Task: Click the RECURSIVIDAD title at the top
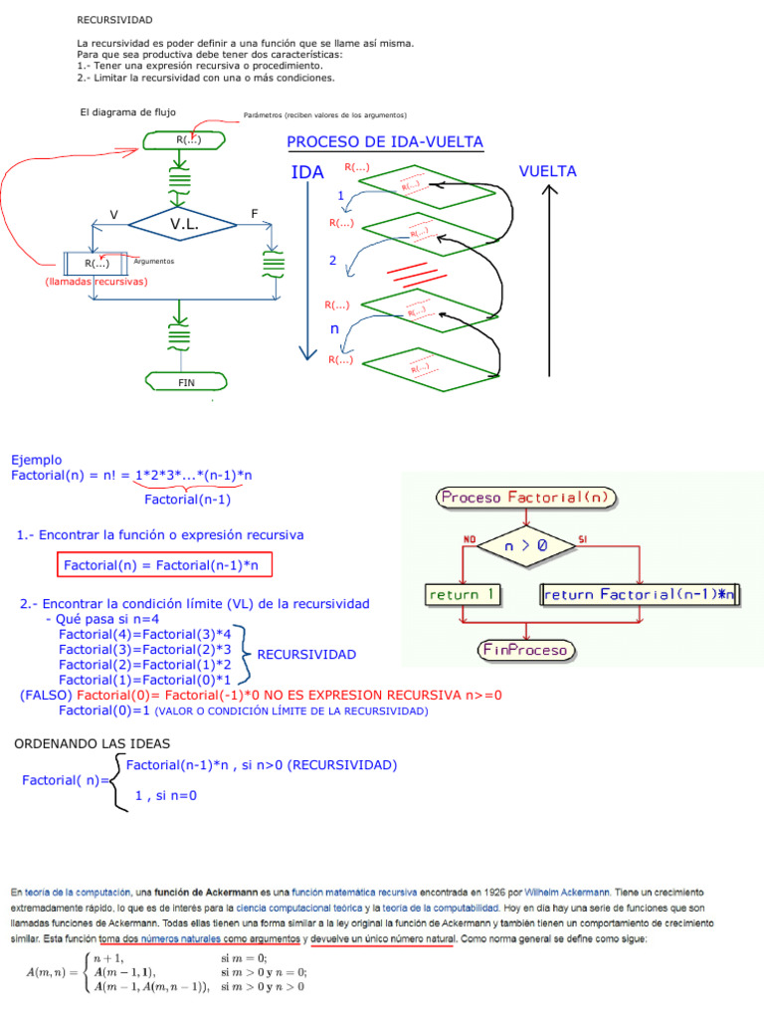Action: pyautogui.click(x=115, y=20)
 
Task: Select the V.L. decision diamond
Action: pyautogui.click(x=185, y=225)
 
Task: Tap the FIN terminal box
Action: pyautogui.click(x=186, y=382)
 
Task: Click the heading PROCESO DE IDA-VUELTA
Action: pyautogui.click(x=385, y=142)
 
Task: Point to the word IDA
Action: pyautogui.click(x=307, y=173)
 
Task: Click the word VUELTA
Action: pyautogui.click(x=547, y=172)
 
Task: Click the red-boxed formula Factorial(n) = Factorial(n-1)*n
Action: pyautogui.click(x=163, y=564)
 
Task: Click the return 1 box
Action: pyautogui.click(x=463, y=594)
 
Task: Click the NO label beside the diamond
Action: pyautogui.click(x=470, y=538)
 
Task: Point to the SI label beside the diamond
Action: pyautogui.click(x=584, y=538)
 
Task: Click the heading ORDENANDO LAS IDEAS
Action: pyautogui.click(x=93, y=744)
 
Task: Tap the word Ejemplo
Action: pyautogui.click(x=36, y=460)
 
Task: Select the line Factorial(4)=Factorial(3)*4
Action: pyautogui.click(x=144, y=634)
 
